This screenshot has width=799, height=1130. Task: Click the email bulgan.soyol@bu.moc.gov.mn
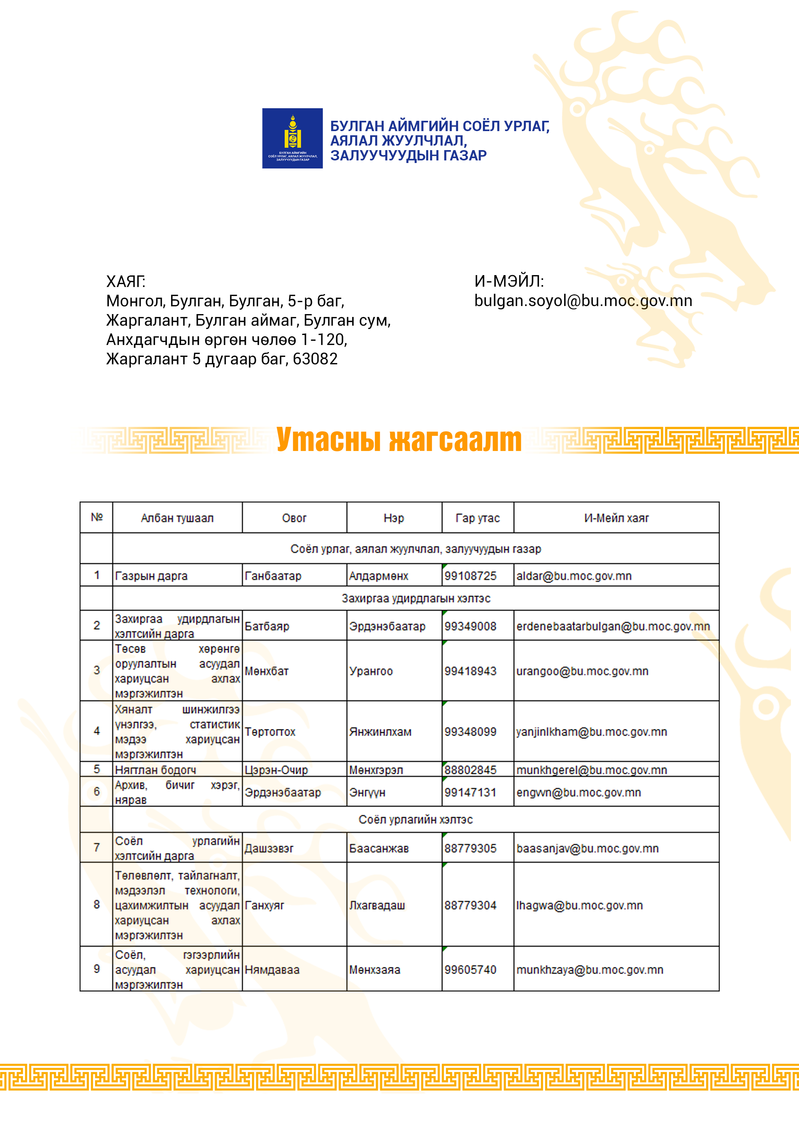[583, 301]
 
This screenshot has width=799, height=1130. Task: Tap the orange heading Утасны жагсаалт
[399, 439]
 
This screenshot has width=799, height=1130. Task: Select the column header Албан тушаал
[177, 518]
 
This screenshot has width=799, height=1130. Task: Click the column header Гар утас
[477, 518]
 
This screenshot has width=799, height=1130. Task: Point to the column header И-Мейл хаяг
[616, 518]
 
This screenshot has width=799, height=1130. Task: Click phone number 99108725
[470, 576]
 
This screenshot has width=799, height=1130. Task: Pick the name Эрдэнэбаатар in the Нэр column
[387, 627]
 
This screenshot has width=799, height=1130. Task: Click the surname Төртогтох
[270, 732]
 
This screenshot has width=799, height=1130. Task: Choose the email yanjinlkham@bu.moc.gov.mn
[591, 732]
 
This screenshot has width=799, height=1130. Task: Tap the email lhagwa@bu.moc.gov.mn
[579, 905]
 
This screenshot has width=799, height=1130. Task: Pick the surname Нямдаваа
[272, 970]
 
